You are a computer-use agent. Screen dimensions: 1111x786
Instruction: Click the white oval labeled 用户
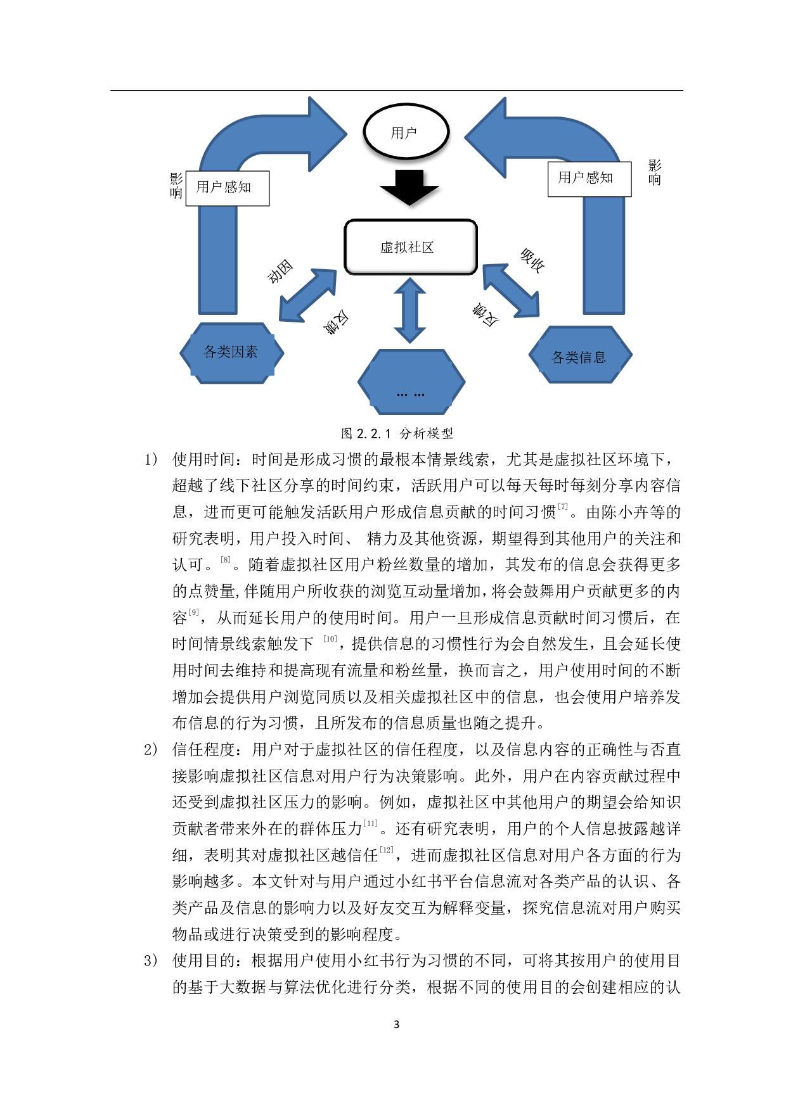coord(406,132)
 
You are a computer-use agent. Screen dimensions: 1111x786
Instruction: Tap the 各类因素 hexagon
coord(231,353)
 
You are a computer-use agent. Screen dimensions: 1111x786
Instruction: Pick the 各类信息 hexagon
coord(580,356)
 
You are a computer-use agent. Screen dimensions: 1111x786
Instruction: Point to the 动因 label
coord(285,265)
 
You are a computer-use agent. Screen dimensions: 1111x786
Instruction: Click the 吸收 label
coord(539,265)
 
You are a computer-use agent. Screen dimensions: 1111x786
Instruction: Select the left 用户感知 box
coord(227,188)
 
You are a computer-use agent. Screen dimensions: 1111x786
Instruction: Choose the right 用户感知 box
coord(589,179)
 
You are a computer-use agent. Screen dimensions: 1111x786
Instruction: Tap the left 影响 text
coord(176,186)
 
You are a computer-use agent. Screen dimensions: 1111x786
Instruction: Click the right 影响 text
coord(654,173)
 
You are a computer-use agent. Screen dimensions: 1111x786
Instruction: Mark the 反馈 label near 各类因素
coord(337,324)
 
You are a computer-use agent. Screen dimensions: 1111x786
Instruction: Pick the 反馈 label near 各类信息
coord(484,316)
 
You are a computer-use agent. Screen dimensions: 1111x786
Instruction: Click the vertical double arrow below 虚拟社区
coord(409,310)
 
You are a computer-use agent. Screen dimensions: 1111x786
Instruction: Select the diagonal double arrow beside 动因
coord(309,295)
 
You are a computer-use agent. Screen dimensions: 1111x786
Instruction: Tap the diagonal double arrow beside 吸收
coord(511,291)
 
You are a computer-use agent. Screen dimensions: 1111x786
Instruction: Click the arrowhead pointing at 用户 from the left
coord(326,134)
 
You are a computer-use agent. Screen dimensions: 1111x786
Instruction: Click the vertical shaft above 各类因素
coord(217,266)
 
